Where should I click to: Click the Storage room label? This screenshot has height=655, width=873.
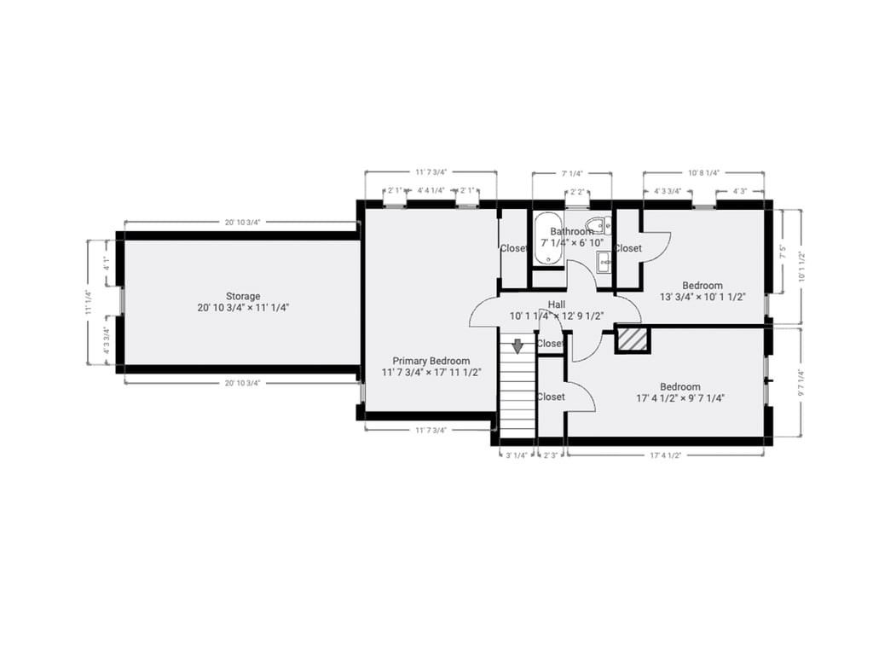pos(243,297)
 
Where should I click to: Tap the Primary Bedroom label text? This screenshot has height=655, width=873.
pos(431,361)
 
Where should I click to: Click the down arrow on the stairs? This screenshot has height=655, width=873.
pos(517,345)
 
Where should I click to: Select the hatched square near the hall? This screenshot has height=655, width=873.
pos(632,339)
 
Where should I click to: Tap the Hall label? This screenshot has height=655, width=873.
pos(557,304)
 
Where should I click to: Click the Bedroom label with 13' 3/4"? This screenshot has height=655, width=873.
pos(702,286)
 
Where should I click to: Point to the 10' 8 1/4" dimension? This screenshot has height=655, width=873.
pos(703,172)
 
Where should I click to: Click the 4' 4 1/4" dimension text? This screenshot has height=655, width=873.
pos(431,191)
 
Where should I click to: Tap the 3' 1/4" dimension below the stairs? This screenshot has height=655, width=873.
pos(515,455)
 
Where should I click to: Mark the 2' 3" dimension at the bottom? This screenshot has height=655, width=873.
pos(551,455)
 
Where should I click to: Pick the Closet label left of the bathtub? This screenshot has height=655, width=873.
pos(513,248)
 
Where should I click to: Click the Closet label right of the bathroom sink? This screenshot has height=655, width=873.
pos(627,248)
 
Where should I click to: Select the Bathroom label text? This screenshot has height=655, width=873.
pos(571,231)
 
